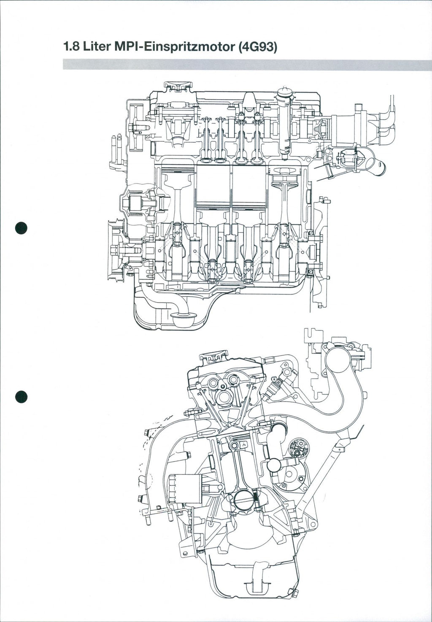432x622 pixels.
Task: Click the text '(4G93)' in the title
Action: (x=257, y=46)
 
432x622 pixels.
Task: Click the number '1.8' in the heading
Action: (x=70, y=46)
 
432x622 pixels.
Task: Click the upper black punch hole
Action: (x=21, y=227)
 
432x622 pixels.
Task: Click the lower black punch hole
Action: (x=21, y=397)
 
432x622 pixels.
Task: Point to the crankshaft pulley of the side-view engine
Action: (x=113, y=249)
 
